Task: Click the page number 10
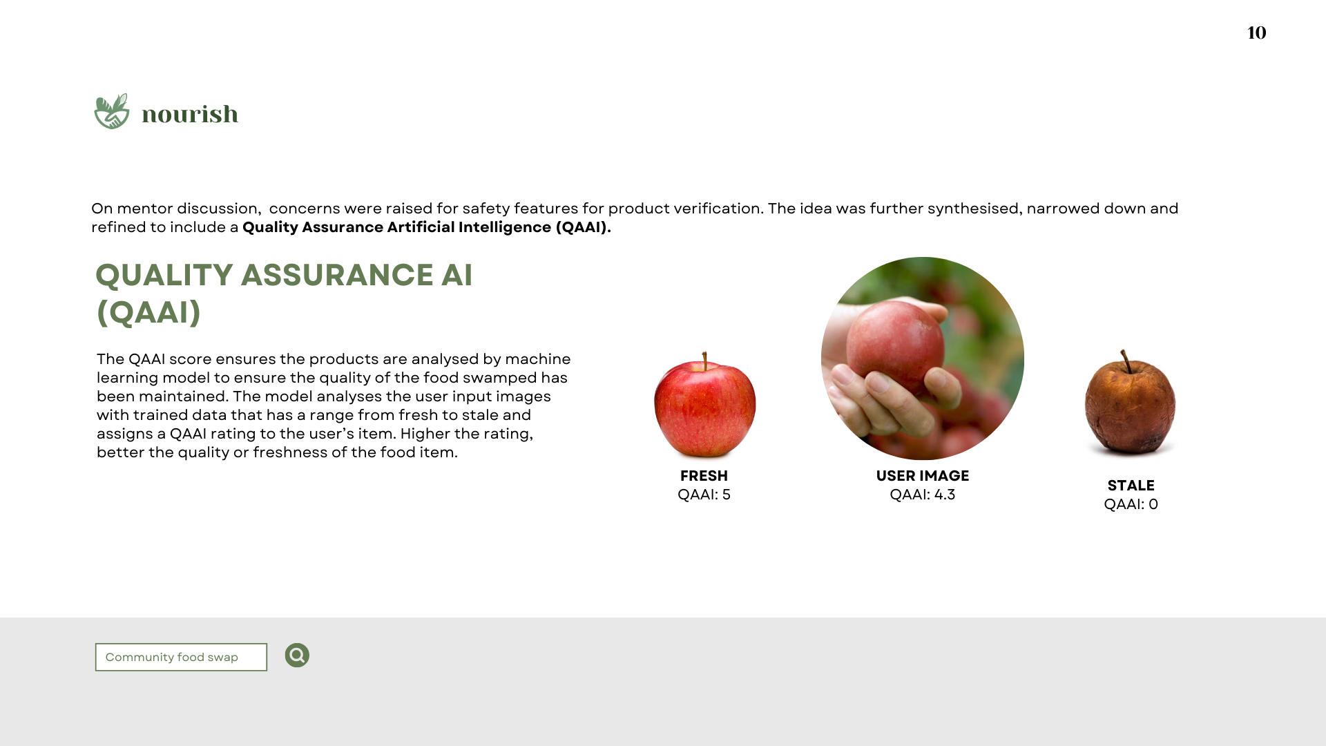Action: coord(1256,32)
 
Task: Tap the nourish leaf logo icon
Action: coord(112,111)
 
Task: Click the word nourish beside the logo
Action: coord(190,114)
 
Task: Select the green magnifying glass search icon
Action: coord(297,656)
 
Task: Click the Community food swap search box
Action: coord(181,657)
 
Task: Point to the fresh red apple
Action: coord(704,408)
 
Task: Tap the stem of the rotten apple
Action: coord(1126,361)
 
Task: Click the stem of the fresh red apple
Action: coord(704,361)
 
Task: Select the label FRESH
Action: coord(704,476)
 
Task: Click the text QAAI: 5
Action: coord(704,495)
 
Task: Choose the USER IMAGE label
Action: coord(922,476)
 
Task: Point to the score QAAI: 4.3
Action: coord(922,495)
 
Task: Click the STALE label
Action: coord(1131,486)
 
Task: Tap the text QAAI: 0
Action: coord(1131,504)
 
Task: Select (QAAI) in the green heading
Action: coord(148,312)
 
